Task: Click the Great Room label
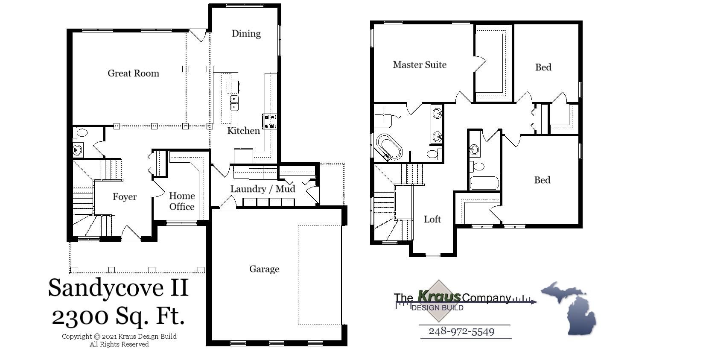133,73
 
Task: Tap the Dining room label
246,34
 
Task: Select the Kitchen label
243,131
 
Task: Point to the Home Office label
182,201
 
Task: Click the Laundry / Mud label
263,189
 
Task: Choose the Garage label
264,269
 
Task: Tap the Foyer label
125,197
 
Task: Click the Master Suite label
420,65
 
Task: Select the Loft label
432,220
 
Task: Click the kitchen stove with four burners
270,121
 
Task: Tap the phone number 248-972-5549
461,331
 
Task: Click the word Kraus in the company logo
439,296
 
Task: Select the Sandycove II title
118,287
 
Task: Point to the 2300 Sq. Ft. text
118,316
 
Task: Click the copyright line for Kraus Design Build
119,337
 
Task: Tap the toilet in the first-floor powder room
80,133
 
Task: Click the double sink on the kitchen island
234,103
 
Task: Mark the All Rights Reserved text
119,344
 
